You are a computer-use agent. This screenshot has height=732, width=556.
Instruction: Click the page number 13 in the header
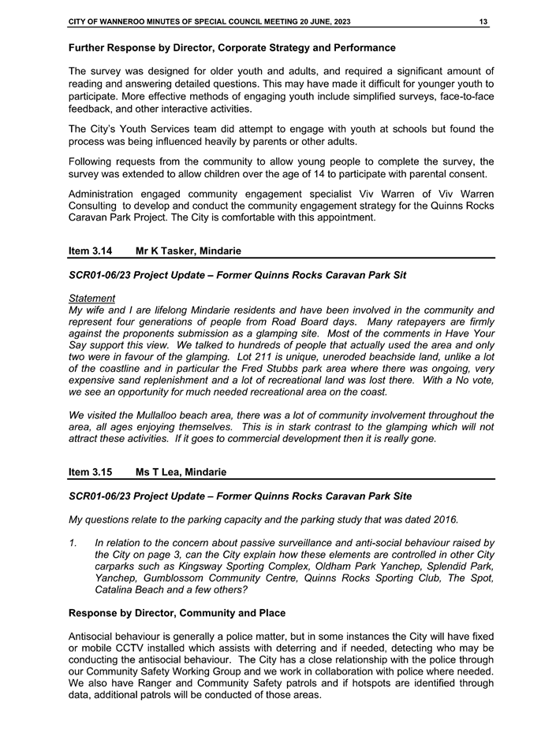[x=483, y=21]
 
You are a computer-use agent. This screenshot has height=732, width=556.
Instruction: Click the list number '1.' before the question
[x=74, y=542]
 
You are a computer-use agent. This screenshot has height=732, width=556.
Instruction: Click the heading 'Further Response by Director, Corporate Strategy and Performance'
[x=232, y=49]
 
